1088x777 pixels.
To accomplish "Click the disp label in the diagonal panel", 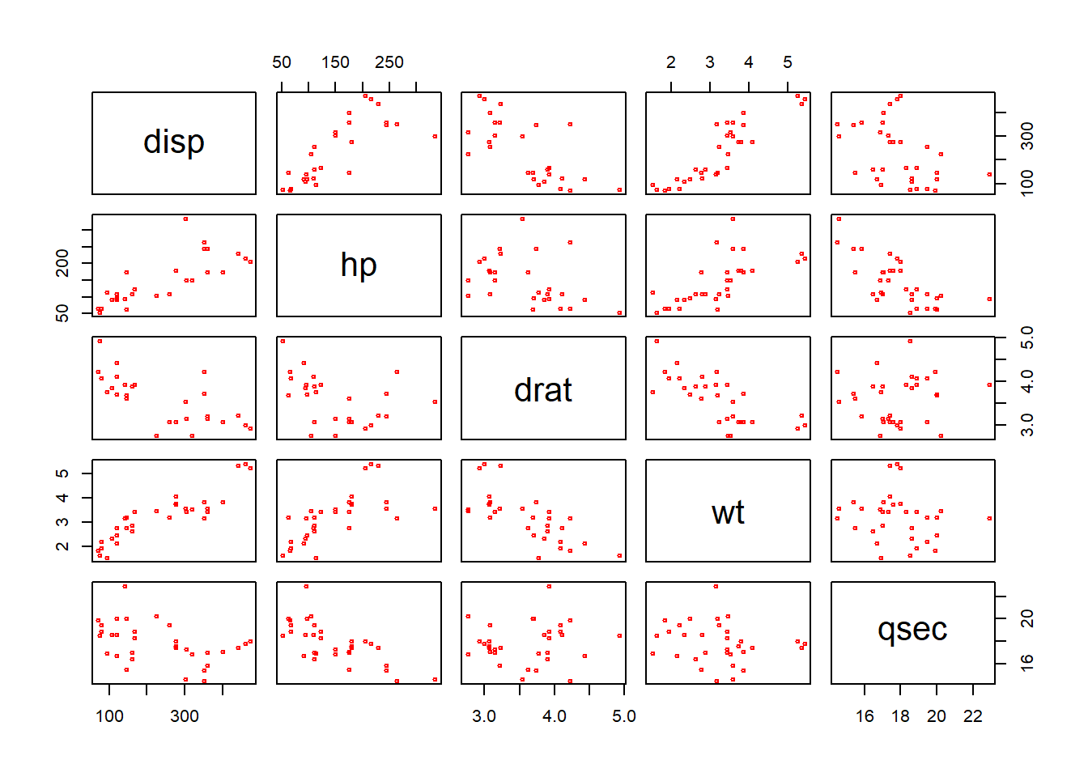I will pos(174,142).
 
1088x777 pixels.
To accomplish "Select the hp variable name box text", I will pos(359,265).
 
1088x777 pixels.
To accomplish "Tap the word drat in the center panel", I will pos(543,390).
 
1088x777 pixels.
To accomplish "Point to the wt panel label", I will pos(728,512).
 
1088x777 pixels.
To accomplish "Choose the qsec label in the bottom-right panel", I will pos(912,630).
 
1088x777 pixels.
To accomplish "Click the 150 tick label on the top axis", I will pos(335,62).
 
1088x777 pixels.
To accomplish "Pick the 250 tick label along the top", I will pos(389,62).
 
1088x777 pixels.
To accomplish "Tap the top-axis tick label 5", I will pos(788,62).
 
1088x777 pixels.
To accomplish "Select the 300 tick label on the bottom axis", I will pos(185,716).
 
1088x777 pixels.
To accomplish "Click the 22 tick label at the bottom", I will pos(972,716).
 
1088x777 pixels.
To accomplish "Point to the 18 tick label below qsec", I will pos(900,716).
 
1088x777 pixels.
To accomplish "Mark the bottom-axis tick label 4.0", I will pos(555,716).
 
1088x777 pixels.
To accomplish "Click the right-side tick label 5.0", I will pos(1026,337).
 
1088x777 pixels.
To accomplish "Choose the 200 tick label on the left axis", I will pos(62,263).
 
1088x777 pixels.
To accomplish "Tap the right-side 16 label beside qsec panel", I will pos(1026,662).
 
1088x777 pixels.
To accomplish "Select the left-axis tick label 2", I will pos(62,546).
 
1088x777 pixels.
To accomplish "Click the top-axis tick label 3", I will pos(710,62).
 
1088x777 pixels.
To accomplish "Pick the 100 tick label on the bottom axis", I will pos(109,716).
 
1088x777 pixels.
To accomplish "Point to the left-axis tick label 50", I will pos(62,312).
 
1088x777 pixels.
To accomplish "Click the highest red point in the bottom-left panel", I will pos(125,586).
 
